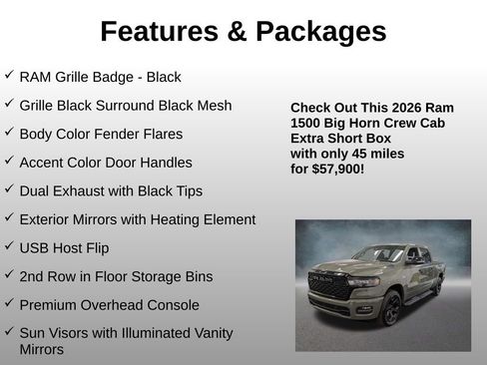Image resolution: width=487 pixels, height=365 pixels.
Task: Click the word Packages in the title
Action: [320, 32]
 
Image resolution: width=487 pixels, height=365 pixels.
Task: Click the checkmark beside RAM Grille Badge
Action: [9, 75]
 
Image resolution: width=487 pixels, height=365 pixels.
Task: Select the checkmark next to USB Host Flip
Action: [9, 245]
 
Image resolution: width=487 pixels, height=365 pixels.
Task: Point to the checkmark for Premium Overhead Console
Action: [9, 303]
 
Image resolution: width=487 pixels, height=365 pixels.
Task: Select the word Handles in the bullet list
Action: [165, 162]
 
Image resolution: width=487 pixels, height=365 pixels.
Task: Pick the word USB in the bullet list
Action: [35, 247]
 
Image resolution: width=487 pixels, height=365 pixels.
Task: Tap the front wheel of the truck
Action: [390, 309]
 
